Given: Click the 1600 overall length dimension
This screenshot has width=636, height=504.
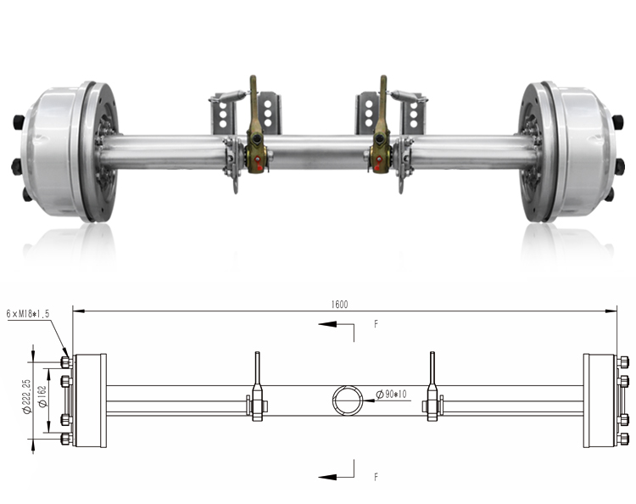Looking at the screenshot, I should tap(340, 304).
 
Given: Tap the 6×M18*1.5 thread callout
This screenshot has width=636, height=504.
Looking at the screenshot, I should tap(28, 313).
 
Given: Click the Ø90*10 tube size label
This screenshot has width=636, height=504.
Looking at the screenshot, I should tap(394, 393).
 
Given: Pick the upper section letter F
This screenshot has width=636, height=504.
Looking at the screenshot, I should tap(375, 324).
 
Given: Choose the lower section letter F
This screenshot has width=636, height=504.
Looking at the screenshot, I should tap(375, 477).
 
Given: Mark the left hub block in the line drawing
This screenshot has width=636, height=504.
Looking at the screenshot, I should tap(90, 400).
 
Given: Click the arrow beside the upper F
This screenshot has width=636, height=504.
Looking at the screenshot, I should tap(335, 324).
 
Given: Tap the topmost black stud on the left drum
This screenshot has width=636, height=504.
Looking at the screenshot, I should tap(18, 120).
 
